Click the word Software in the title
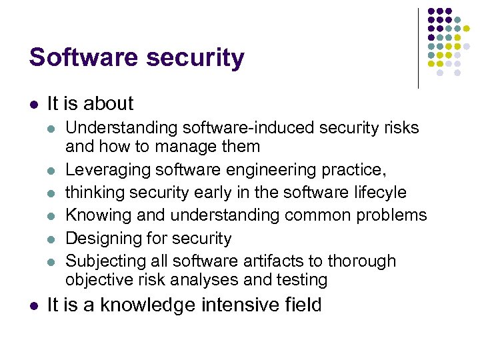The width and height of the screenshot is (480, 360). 79,58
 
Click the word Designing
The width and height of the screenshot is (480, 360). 99,238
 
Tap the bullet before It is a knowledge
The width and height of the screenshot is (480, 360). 33,306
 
